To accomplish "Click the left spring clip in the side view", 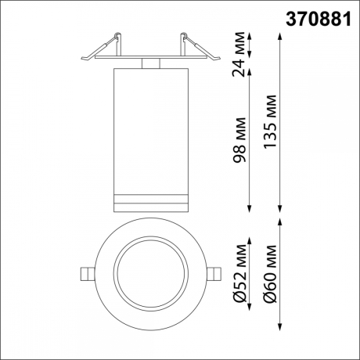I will coord(102,47).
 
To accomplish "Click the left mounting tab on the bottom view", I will coord(87,273).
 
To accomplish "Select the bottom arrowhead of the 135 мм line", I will coord(281,208).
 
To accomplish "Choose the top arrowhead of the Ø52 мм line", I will coord(250,221).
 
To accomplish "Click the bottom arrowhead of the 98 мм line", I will coord(250,208).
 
